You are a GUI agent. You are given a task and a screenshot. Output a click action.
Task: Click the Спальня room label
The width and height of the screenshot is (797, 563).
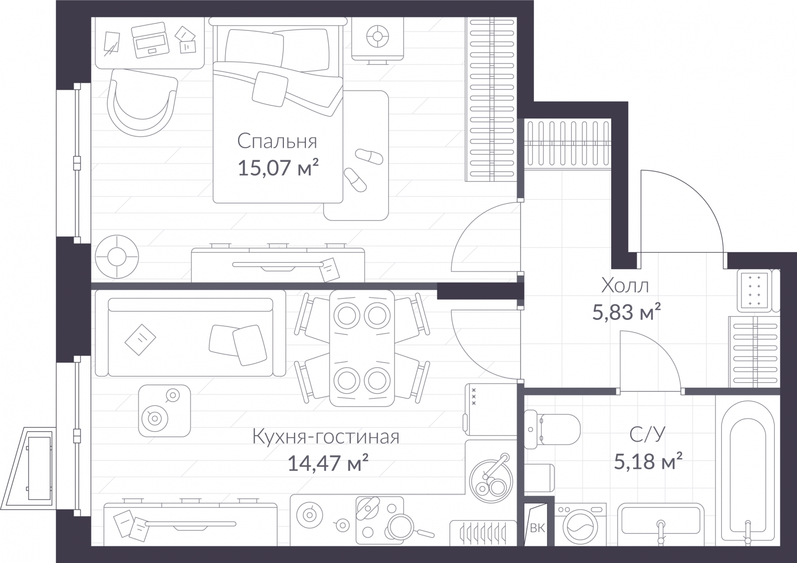[x=277, y=141]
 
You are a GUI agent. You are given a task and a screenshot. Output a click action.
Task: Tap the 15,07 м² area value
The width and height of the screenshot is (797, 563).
[x=278, y=167]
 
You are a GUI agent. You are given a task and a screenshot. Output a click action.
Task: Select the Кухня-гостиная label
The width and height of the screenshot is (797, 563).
[x=326, y=436]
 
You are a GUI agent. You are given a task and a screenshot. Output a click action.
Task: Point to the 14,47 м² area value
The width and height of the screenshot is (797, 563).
[x=328, y=463]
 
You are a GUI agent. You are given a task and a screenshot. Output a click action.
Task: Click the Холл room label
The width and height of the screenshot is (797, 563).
[x=625, y=285]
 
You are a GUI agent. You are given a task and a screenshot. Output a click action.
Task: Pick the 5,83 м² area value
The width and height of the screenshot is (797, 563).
[x=626, y=312]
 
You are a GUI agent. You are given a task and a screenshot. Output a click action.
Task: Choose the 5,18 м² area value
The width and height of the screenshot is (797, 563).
[x=648, y=461]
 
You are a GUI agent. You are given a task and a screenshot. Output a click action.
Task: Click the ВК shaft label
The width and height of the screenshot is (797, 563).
[x=537, y=528]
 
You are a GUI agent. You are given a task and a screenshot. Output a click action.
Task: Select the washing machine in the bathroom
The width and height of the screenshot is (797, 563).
[x=580, y=525]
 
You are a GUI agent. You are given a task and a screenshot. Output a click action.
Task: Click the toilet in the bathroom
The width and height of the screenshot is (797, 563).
[x=552, y=429]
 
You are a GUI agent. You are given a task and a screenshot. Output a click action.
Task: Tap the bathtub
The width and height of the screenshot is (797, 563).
[x=748, y=473]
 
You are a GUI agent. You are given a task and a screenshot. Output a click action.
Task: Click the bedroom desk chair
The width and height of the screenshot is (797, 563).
[x=142, y=103]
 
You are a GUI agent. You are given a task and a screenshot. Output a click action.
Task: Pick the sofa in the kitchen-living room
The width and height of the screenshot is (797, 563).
[x=190, y=333]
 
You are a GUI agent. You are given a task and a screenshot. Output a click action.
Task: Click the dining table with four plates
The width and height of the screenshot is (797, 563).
[x=362, y=348]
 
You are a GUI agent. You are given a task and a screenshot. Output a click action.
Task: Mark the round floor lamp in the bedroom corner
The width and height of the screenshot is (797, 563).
[x=117, y=257]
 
